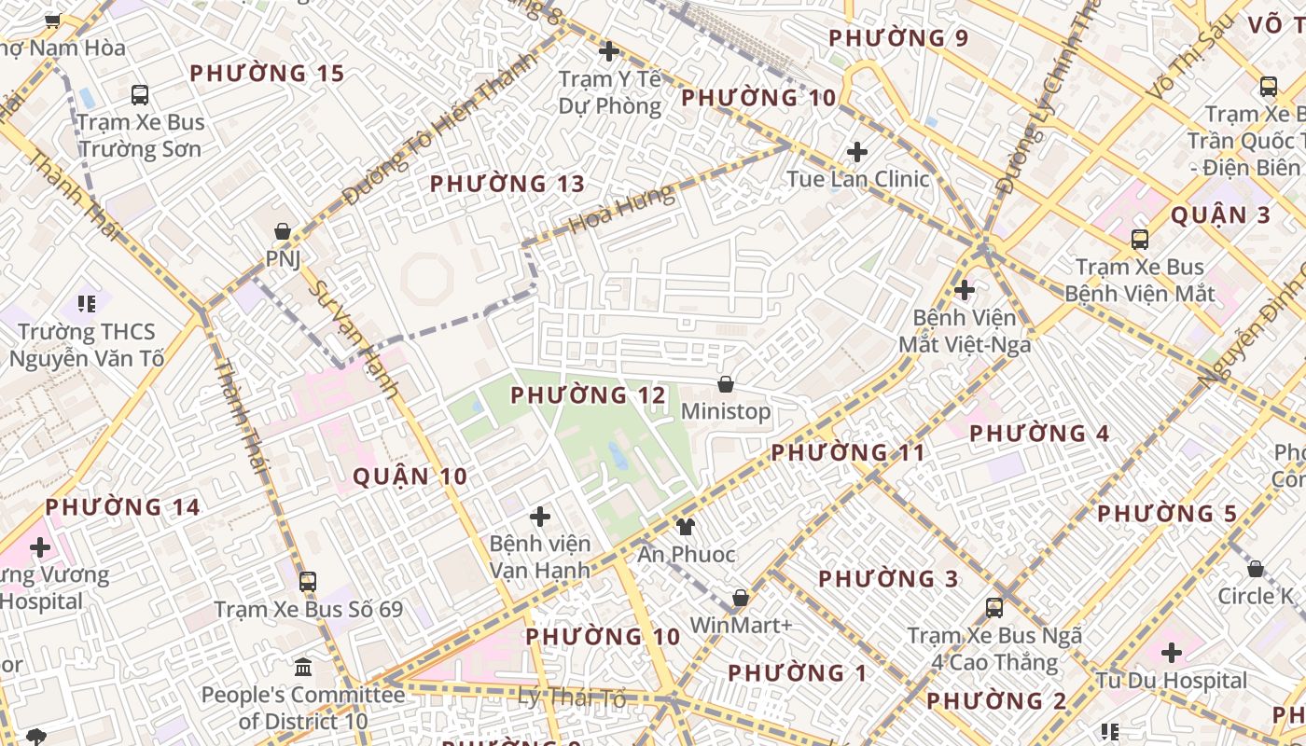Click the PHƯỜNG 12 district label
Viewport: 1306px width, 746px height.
589,395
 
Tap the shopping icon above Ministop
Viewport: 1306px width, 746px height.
726,384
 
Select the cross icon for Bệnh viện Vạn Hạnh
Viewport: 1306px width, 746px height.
539,516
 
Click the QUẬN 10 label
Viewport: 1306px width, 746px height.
410,477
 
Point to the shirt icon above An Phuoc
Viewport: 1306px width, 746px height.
686,527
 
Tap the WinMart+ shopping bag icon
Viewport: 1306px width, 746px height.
741,597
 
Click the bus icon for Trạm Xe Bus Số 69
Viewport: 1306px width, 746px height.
308,582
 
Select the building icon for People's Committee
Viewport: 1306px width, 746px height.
303,668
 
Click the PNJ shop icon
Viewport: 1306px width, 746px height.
283,231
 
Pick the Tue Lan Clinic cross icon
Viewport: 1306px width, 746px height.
856,151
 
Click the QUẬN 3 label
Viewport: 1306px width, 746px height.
1220,215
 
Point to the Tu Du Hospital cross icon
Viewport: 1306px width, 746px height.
1172,652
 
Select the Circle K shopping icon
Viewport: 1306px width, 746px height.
1256,569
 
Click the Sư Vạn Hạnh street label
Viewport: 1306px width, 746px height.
354,340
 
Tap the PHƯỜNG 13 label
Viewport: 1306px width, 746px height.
507,184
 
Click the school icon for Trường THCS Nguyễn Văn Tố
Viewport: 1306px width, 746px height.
87,303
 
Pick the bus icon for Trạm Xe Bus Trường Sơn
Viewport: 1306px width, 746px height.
140,94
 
